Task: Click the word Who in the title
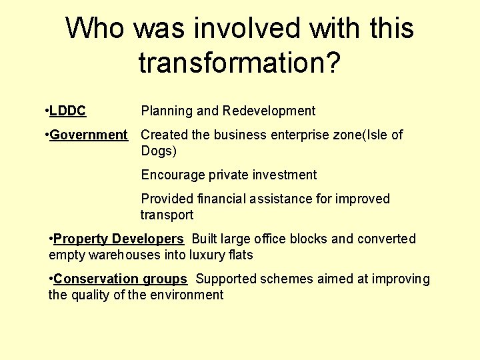(x=95, y=29)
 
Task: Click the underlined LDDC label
(x=67, y=111)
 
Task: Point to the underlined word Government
(x=88, y=135)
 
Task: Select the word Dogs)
(x=159, y=151)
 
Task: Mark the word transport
(x=167, y=215)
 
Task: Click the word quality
(x=93, y=295)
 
